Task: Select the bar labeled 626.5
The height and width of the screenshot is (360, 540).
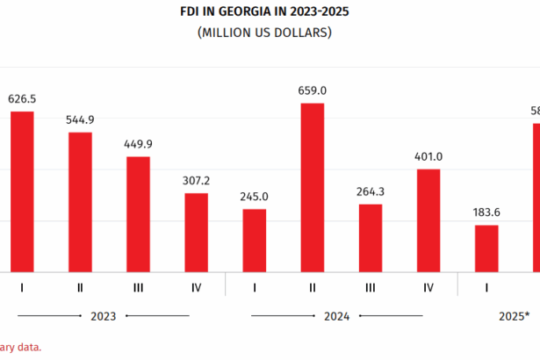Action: point(22,191)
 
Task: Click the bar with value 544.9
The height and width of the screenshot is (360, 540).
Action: point(80,202)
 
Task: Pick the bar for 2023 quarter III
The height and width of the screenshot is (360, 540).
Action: point(138,214)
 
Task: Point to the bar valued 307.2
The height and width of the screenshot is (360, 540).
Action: point(196,233)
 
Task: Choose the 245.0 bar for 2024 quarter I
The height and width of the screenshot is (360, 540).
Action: point(255,241)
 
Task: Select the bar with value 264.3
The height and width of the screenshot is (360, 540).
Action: point(371,238)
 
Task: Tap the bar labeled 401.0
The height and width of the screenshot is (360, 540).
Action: point(428,220)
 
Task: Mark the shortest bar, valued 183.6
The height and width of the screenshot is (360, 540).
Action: point(486,248)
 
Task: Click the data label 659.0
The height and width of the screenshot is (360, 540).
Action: point(313,90)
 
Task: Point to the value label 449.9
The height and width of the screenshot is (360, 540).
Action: point(138,144)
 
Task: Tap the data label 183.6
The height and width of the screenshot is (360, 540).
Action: point(486,212)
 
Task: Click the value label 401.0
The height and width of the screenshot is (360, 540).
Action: point(428,156)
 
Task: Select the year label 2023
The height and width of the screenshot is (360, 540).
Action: point(104,315)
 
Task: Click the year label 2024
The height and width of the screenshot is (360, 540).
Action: point(337,315)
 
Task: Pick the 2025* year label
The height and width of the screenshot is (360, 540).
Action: point(513,315)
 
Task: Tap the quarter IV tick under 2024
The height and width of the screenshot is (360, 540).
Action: point(428,287)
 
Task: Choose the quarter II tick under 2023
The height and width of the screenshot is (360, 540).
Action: point(80,287)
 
